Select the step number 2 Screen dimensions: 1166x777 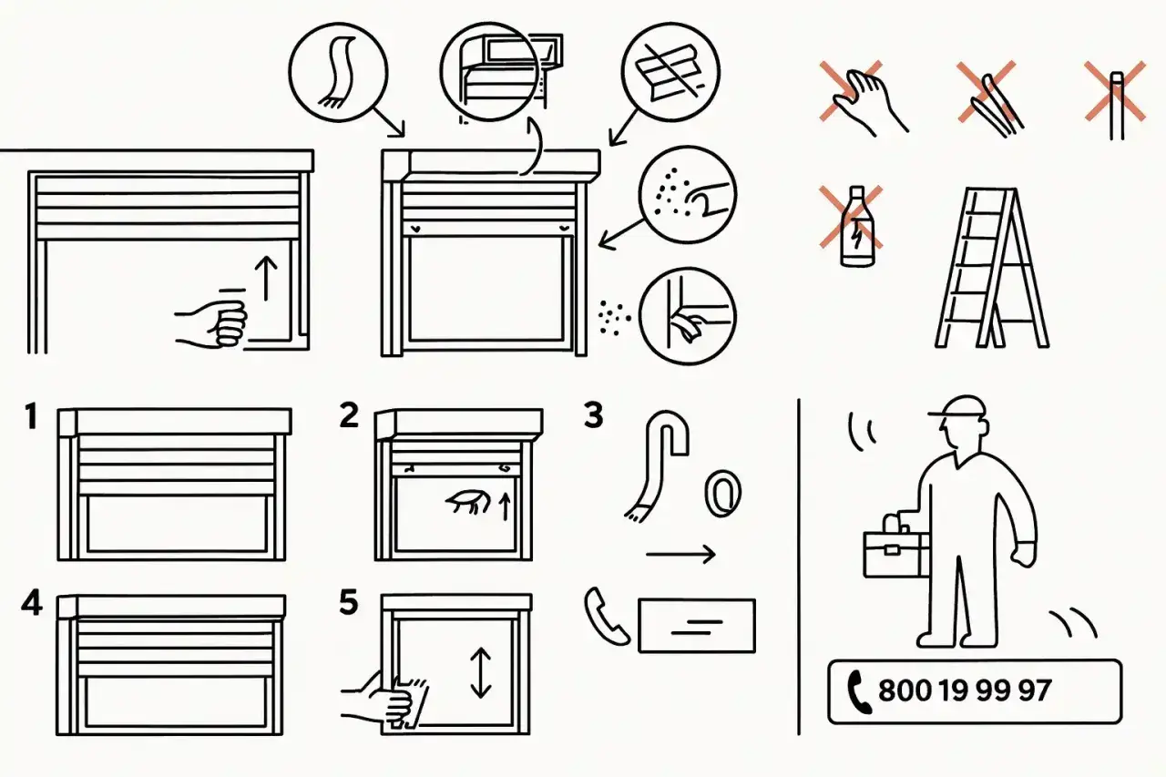click(349, 414)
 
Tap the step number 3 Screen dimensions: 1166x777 click(593, 414)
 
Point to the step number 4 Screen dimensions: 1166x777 click(32, 603)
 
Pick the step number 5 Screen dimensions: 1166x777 click(349, 602)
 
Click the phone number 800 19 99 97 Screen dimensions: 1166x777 click(965, 691)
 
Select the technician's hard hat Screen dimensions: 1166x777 click(959, 407)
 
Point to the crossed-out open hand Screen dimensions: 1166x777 click(862, 97)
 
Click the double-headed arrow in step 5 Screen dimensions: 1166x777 click(480, 672)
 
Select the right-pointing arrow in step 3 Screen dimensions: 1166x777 click(680, 554)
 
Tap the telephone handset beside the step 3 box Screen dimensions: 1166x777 click(607, 616)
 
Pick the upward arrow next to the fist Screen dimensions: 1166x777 click(267, 278)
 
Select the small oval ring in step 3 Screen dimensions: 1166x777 click(722, 493)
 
